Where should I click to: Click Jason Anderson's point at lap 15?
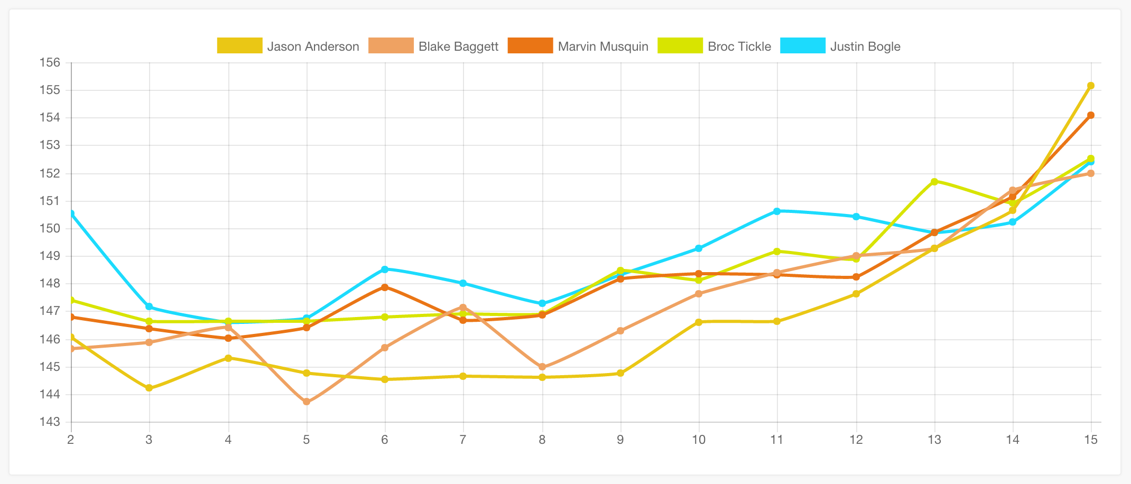(x=1090, y=86)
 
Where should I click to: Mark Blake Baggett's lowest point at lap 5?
(x=307, y=402)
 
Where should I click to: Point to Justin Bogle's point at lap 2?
(x=71, y=213)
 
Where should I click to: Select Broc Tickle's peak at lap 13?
(x=934, y=181)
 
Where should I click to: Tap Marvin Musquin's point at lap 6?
(x=385, y=287)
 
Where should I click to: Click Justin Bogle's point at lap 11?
(x=776, y=211)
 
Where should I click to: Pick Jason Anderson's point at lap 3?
(x=149, y=388)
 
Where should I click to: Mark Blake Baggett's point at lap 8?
(x=542, y=367)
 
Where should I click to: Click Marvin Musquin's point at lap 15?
(x=1090, y=115)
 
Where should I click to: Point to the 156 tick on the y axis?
(x=50, y=63)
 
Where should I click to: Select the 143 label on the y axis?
(x=50, y=422)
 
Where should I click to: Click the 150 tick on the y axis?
(x=50, y=229)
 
